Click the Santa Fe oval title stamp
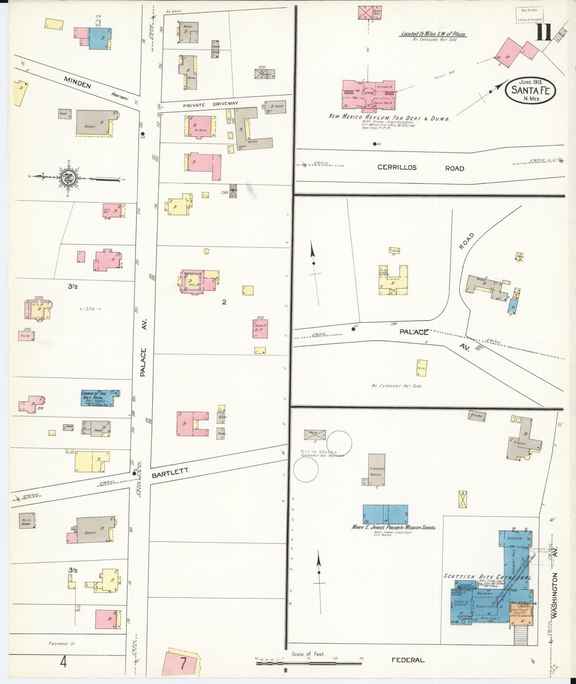pyautogui.click(x=530, y=91)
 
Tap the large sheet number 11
pyautogui.click(x=543, y=33)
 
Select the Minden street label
pyautogui.click(x=77, y=82)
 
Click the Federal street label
pyautogui.click(x=407, y=660)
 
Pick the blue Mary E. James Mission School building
pyautogui.click(x=385, y=514)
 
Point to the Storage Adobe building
pyautogui.click(x=376, y=469)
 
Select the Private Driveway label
pyautogui.click(x=210, y=105)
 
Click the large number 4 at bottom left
pyautogui.click(x=63, y=662)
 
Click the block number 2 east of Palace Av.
pyautogui.click(x=224, y=302)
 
